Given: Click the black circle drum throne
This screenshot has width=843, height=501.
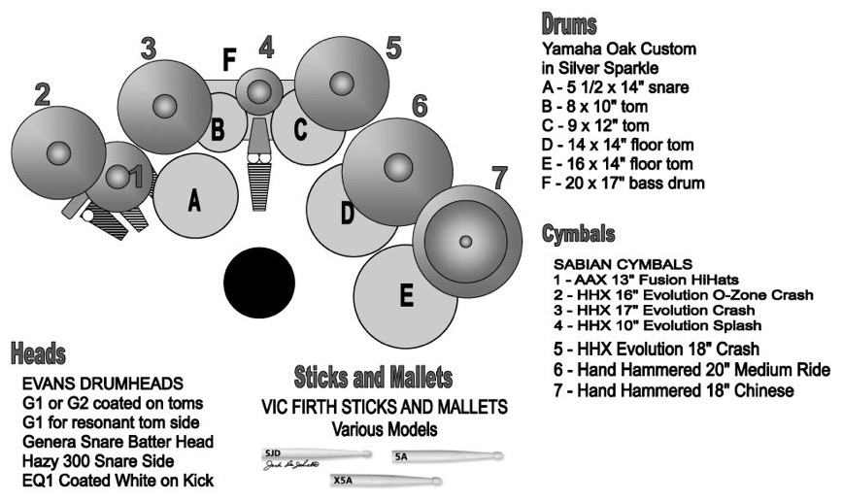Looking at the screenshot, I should tap(260, 282).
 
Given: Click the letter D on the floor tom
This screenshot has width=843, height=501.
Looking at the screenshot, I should tap(347, 213).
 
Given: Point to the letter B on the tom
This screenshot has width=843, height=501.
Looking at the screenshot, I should tap(219, 127).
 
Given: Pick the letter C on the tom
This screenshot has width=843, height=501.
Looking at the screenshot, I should tap(300, 127).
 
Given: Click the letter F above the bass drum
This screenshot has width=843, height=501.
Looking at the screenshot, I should tap(229, 61).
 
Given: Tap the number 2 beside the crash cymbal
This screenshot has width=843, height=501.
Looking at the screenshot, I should tap(42, 94).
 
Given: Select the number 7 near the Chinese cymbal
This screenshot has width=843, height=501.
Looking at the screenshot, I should tap(499, 179).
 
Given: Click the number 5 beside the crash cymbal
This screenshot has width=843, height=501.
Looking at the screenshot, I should tap(392, 49).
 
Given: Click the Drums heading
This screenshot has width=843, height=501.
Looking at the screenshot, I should tap(569, 23).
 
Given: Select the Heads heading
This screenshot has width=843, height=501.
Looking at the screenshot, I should tap(39, 351).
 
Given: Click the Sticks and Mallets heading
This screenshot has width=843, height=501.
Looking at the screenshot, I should tap(373, 376).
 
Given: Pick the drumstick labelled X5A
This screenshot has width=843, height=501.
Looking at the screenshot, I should tap(384, 481).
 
